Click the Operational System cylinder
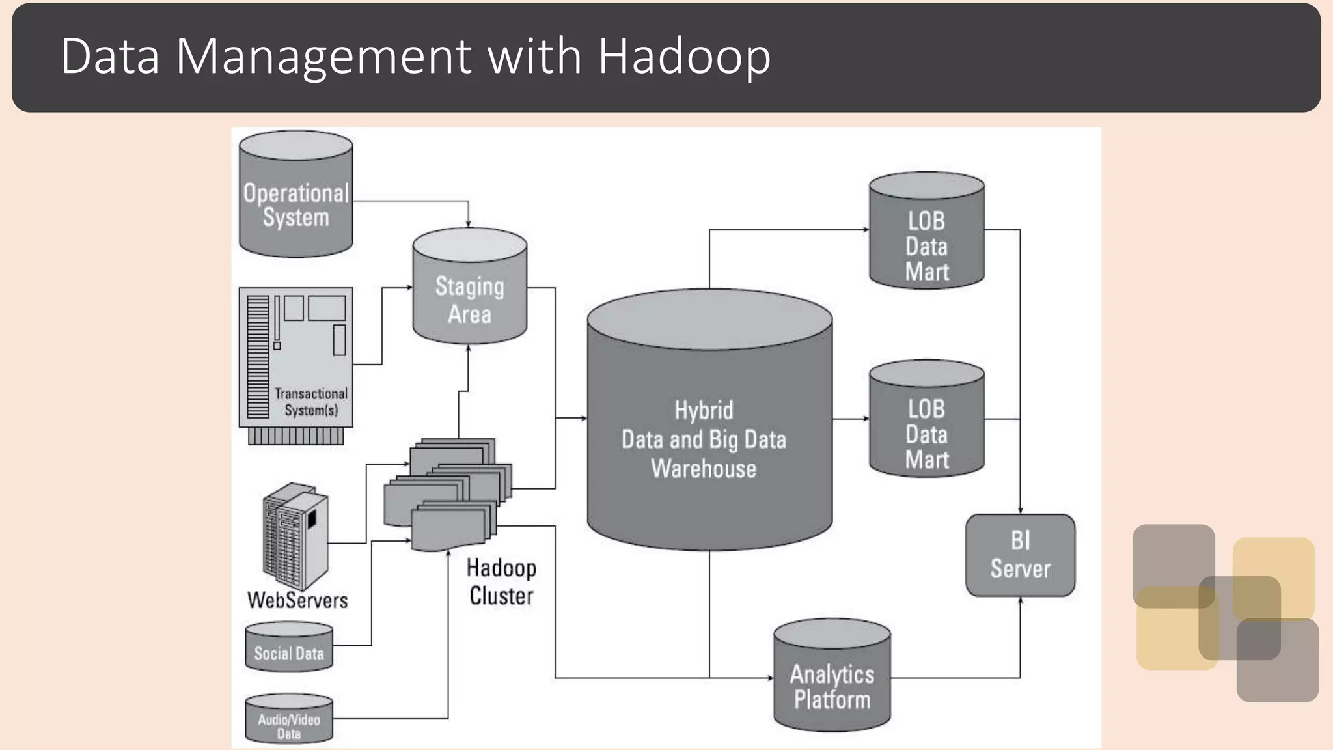(296, 195)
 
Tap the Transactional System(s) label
(310, 402)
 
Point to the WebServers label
(297, 600)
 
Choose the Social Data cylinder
(289, 648)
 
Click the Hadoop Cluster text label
(501, 581)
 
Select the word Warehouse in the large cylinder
(704, 469)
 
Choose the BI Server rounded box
(1020, 555)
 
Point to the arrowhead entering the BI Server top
(1020, 510)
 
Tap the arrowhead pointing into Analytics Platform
(770, 678)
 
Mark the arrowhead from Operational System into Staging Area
(468, 223)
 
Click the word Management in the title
(323, 57)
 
